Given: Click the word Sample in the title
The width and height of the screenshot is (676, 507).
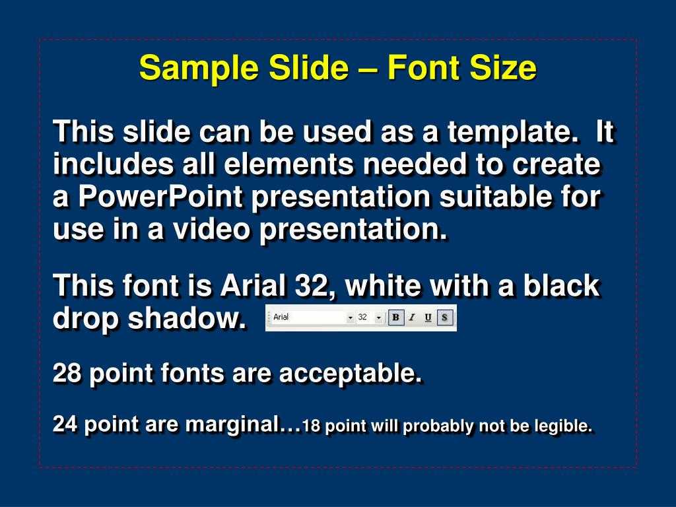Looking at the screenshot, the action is (x=199, y=69).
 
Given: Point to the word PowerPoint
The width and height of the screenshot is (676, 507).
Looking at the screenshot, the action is (x=160, y=197).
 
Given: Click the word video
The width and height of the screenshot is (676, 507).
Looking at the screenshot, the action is (x=212, y=229).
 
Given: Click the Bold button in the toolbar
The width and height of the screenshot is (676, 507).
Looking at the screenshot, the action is (x=396, y=318).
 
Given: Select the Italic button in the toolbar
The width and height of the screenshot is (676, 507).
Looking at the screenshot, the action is (x=412, y=318).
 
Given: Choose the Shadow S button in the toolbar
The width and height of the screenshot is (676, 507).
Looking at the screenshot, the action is (x=444, y=318).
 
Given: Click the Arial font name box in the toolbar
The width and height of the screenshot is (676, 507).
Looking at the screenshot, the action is (x=312, y=318).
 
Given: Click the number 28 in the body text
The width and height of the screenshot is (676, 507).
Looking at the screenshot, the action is (x=67, y=373).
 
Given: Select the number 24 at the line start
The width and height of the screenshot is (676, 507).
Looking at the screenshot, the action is (x=65, y=424).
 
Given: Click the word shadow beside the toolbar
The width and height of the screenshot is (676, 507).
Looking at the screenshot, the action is (x=187, y=319).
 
